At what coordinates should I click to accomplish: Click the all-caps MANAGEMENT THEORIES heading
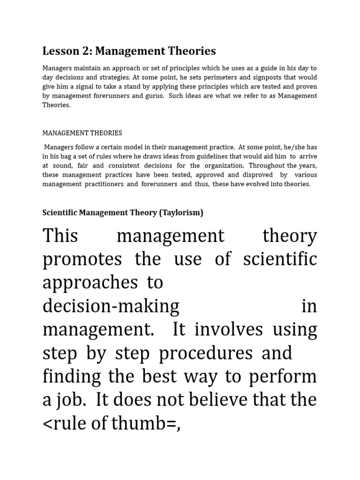click(x=82, y=133)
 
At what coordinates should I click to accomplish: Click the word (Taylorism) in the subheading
click(x=181, y=212)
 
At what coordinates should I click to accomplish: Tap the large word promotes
click(x=82, y=260)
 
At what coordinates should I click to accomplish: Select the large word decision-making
click(x=111, y=307)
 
